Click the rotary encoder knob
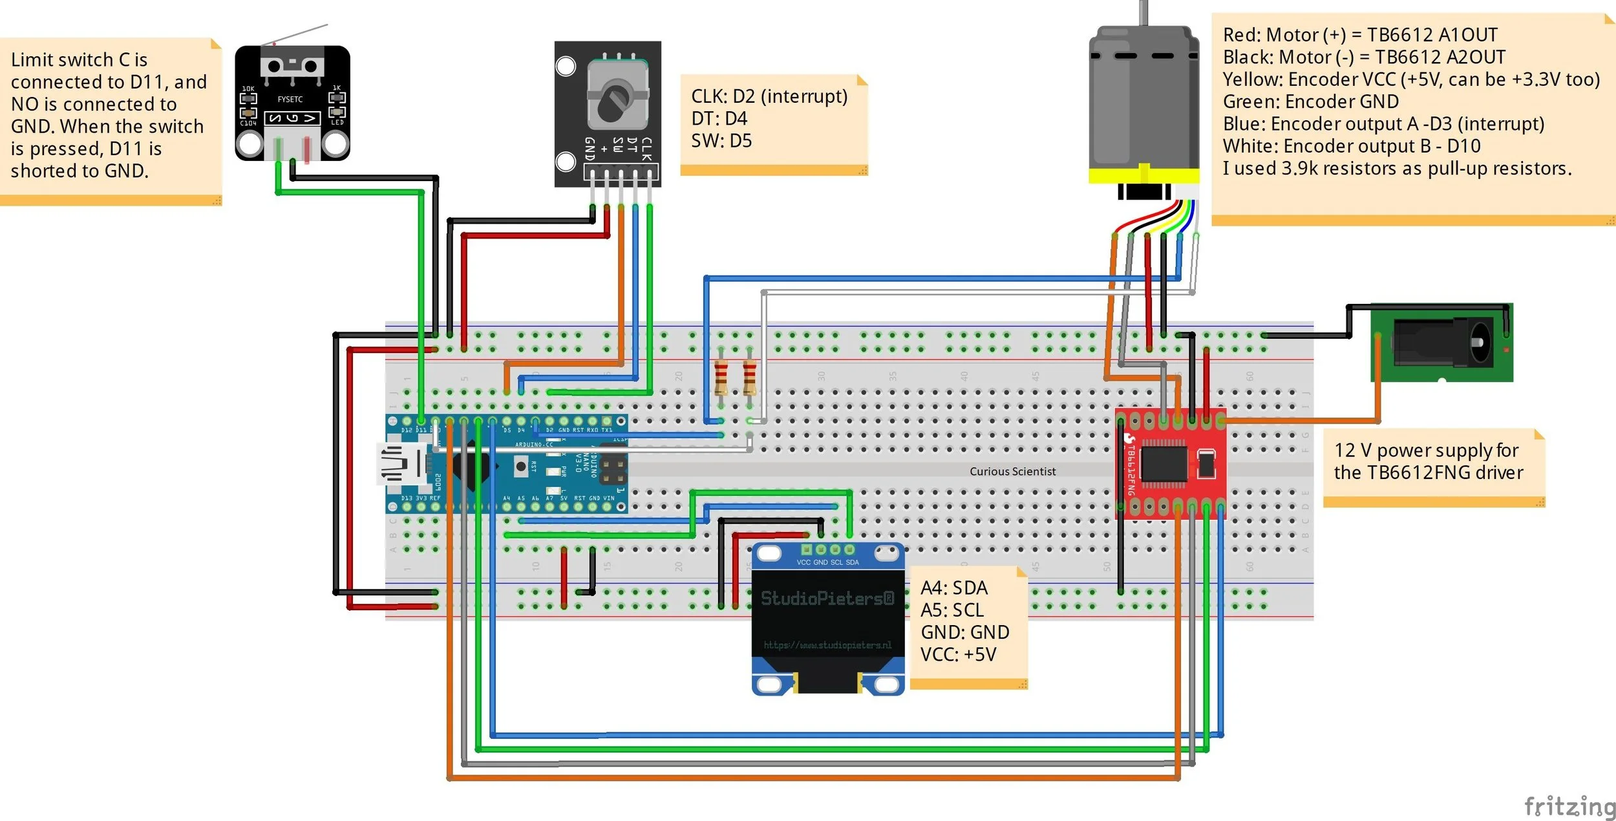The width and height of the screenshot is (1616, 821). pyautogui.click(x=613, y=101)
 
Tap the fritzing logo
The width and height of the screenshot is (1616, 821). pyautogui.click(x=1569, y=806)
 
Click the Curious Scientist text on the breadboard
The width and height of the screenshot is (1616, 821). pyautogui.click(x=1012, y=471)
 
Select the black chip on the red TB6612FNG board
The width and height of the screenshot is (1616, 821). pyautogui.click(x=1164, y=463)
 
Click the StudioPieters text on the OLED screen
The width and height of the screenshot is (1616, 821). pyautogui.click(x=827, y=598)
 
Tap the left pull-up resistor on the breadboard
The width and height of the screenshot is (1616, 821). pyautogui.click(x=721, y=378)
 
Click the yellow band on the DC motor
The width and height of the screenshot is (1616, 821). pyautogui.click(x=1143, y=175)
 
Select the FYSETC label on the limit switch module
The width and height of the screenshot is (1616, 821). pyautogui.click(x=290, y=99)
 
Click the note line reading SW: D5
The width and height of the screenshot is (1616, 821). pyautogui.click(x=721, y=141)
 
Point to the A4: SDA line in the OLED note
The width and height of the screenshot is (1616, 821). pyautogui.click(x=953, y=588)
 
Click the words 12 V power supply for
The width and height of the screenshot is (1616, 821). pyautogui.click(x=1426, y=450)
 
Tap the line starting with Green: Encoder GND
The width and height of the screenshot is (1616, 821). pyautogui.click(x=1310, y=101)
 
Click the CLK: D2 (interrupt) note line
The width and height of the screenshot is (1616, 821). pyautogui.click(x=769, y=96)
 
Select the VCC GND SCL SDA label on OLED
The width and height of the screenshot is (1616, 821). pyautogui.click(x=827, y=562)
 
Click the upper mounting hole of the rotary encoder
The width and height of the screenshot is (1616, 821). pyautogui.click(x=566, y=66)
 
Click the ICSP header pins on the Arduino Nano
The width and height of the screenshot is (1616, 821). pyautogui.click(x=613, y=471)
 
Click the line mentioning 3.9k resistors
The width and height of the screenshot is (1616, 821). pyautogui.click(x=1396, y=168)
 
